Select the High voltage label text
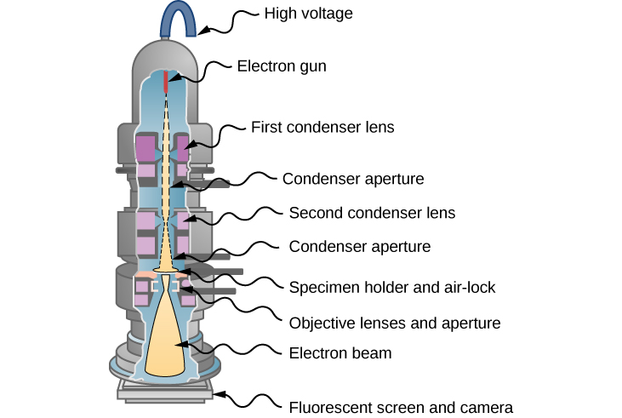point(308,14)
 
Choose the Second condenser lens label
point(373,212)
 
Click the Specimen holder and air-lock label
point(392,287)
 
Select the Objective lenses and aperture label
point(395,323)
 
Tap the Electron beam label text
point(340,352)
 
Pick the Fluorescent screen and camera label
point(401,407)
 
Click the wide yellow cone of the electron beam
point(166,341)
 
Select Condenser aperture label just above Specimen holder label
point(360,247)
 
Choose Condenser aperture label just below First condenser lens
point(353,179)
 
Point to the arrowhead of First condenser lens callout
point(185,146)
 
